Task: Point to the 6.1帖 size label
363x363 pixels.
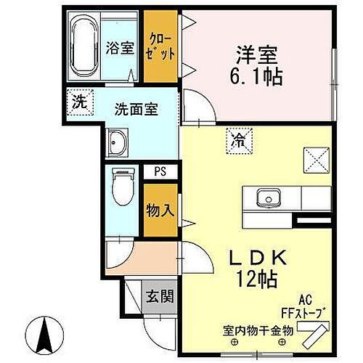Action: [x=258, y=75]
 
